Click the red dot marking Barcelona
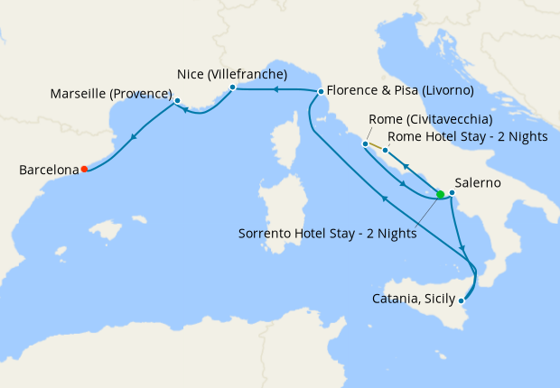point(84,169)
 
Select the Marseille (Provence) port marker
point(177,100)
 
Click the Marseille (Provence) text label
point(111,94)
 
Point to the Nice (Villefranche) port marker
point(232,88)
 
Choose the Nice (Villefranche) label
point(231,74)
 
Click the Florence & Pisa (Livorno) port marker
point(321,91)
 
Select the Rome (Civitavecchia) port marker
point(365,143)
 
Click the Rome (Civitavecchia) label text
point(431,120)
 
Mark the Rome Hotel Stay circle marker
point(385,150)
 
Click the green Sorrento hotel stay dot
point(440,194)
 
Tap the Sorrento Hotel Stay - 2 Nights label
point(327,233)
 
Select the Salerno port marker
point(451,192)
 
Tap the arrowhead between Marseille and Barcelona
point(133,138)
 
